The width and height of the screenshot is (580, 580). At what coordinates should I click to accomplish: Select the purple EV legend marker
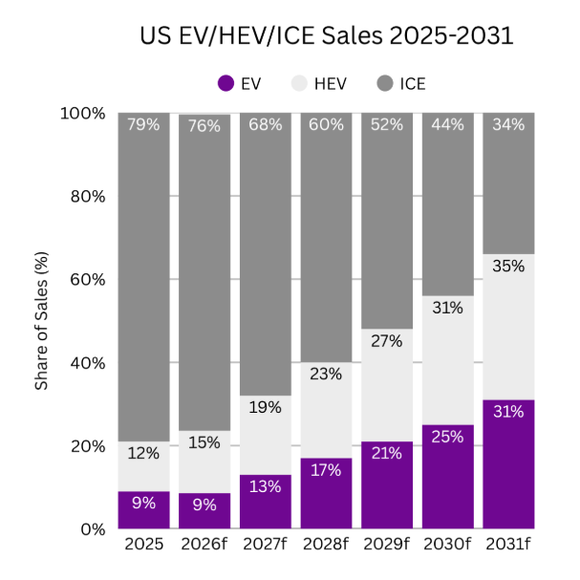(226, 83)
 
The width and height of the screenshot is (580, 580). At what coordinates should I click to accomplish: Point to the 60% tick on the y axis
(86, 280)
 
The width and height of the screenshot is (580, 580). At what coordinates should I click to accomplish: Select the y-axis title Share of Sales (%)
(42, 321)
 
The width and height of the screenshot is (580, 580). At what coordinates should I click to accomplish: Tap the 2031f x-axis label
(508, 546)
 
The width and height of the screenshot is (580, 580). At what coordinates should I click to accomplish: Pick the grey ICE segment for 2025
(143, 277)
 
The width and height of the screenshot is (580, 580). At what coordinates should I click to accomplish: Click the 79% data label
(143, 125)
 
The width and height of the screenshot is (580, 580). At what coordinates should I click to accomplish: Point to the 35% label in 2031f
(508, 267)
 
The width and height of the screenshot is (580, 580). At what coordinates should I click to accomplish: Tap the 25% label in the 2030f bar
(447, 437)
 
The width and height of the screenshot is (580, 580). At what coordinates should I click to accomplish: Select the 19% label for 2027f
(265, 407)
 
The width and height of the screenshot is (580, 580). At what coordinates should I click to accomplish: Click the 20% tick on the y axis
(86, 446)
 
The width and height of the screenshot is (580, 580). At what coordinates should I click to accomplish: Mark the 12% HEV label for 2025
(143, 454)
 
